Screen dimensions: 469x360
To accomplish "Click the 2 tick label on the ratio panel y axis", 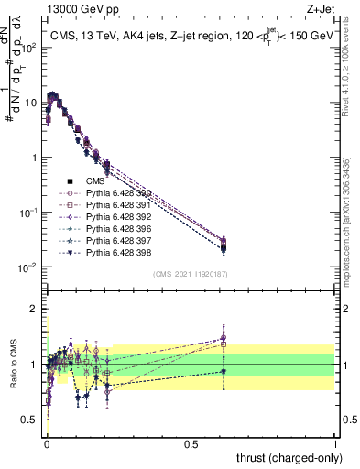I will [34, 310].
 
